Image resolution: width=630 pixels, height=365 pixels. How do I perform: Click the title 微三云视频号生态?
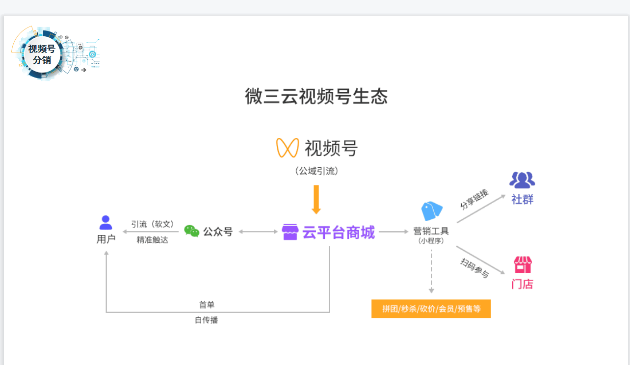click(x=316, y=97)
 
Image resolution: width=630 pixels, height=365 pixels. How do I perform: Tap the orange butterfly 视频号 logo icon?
click(x=288, y=148)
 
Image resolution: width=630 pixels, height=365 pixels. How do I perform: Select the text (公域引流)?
click(x=316, y=171)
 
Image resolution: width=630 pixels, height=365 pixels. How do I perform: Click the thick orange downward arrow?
click(x=316, y=199)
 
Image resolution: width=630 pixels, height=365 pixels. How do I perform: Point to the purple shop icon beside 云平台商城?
click(x=290, y=232)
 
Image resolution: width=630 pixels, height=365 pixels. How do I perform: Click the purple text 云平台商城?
click(x=338, y=232)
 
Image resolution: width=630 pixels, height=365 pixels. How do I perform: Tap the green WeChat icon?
click(x=192, y=231)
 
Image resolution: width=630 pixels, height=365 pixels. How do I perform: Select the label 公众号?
click(x=218, y=232)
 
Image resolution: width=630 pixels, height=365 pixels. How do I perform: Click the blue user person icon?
click(x=105, y=223)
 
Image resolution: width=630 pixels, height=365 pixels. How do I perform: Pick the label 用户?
click(x=106, y=239)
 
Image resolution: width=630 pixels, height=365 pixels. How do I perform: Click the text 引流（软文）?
click(x=153, y=224)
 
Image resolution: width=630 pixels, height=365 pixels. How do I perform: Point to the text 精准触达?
click(x=153, y=240)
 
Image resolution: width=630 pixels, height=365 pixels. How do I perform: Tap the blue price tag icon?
click(x=431, y=211)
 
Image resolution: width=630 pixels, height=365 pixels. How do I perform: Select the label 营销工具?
click(x=431, y=231)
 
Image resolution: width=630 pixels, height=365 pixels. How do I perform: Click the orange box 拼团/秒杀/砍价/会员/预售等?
click(x=431, y=309)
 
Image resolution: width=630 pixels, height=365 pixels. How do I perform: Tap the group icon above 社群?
click(x=522, y=180)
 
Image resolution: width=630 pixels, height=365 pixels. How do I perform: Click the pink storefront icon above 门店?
click(x=523, y=265)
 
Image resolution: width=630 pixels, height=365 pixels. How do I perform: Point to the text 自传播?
click(x=206, y=320)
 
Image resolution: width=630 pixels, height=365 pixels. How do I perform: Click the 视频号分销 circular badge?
click(x=42, y=54)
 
